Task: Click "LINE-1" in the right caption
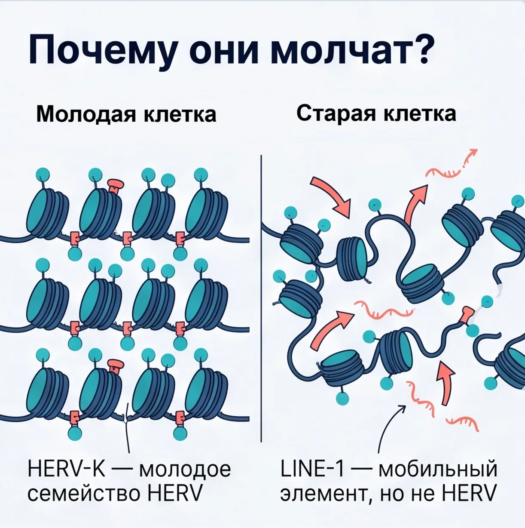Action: coord(312,470)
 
